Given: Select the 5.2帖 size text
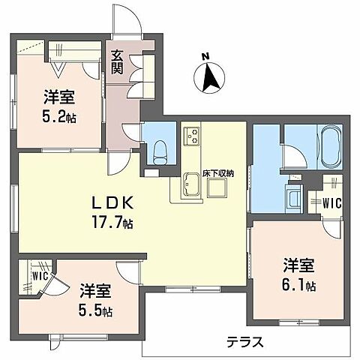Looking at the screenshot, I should point(60,117).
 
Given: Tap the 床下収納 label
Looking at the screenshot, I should point(218,173).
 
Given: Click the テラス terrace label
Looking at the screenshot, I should point(246,343).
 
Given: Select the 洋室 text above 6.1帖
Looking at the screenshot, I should point(298,265).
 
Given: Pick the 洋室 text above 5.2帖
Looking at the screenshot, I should point(59,97).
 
